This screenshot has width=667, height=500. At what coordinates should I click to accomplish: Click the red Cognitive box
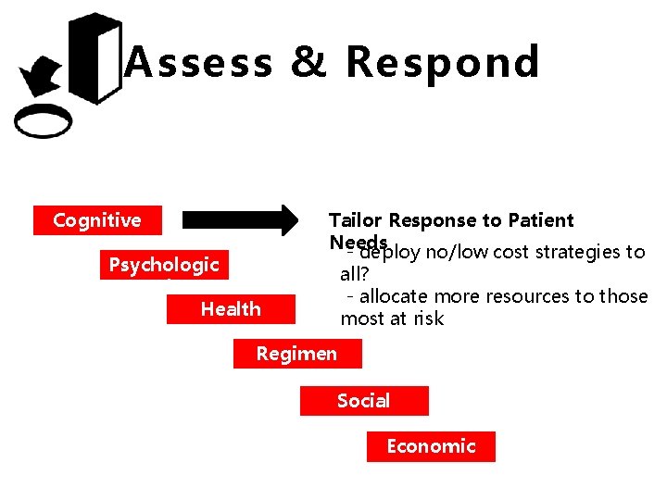(97, 220)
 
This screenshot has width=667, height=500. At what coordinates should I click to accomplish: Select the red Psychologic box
(164, 265)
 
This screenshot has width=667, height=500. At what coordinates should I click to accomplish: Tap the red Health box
(231, 309)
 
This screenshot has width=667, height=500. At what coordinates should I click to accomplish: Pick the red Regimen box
(296, 354)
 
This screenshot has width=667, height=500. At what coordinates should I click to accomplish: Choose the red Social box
(363, 401)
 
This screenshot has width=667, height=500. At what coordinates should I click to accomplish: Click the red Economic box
(431, 446)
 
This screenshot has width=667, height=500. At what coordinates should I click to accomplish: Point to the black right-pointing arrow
(237, 219)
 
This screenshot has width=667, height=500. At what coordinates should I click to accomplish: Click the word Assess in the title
(198, 63)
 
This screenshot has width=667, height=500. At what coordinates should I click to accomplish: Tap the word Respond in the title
(442, 63)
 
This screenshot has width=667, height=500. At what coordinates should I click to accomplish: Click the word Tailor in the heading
(356, 220)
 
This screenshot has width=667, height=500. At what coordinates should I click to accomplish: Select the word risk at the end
(429, 319)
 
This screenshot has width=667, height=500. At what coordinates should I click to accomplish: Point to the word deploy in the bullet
(390, 252)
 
